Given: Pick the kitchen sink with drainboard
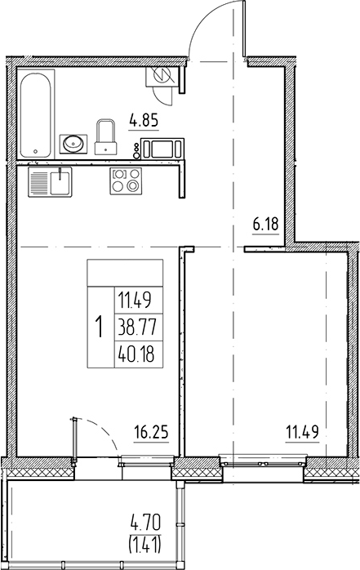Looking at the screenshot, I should click(50, 180).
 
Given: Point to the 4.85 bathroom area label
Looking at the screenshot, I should click(144, 125).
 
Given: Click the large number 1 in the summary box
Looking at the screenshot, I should click(99, 327).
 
